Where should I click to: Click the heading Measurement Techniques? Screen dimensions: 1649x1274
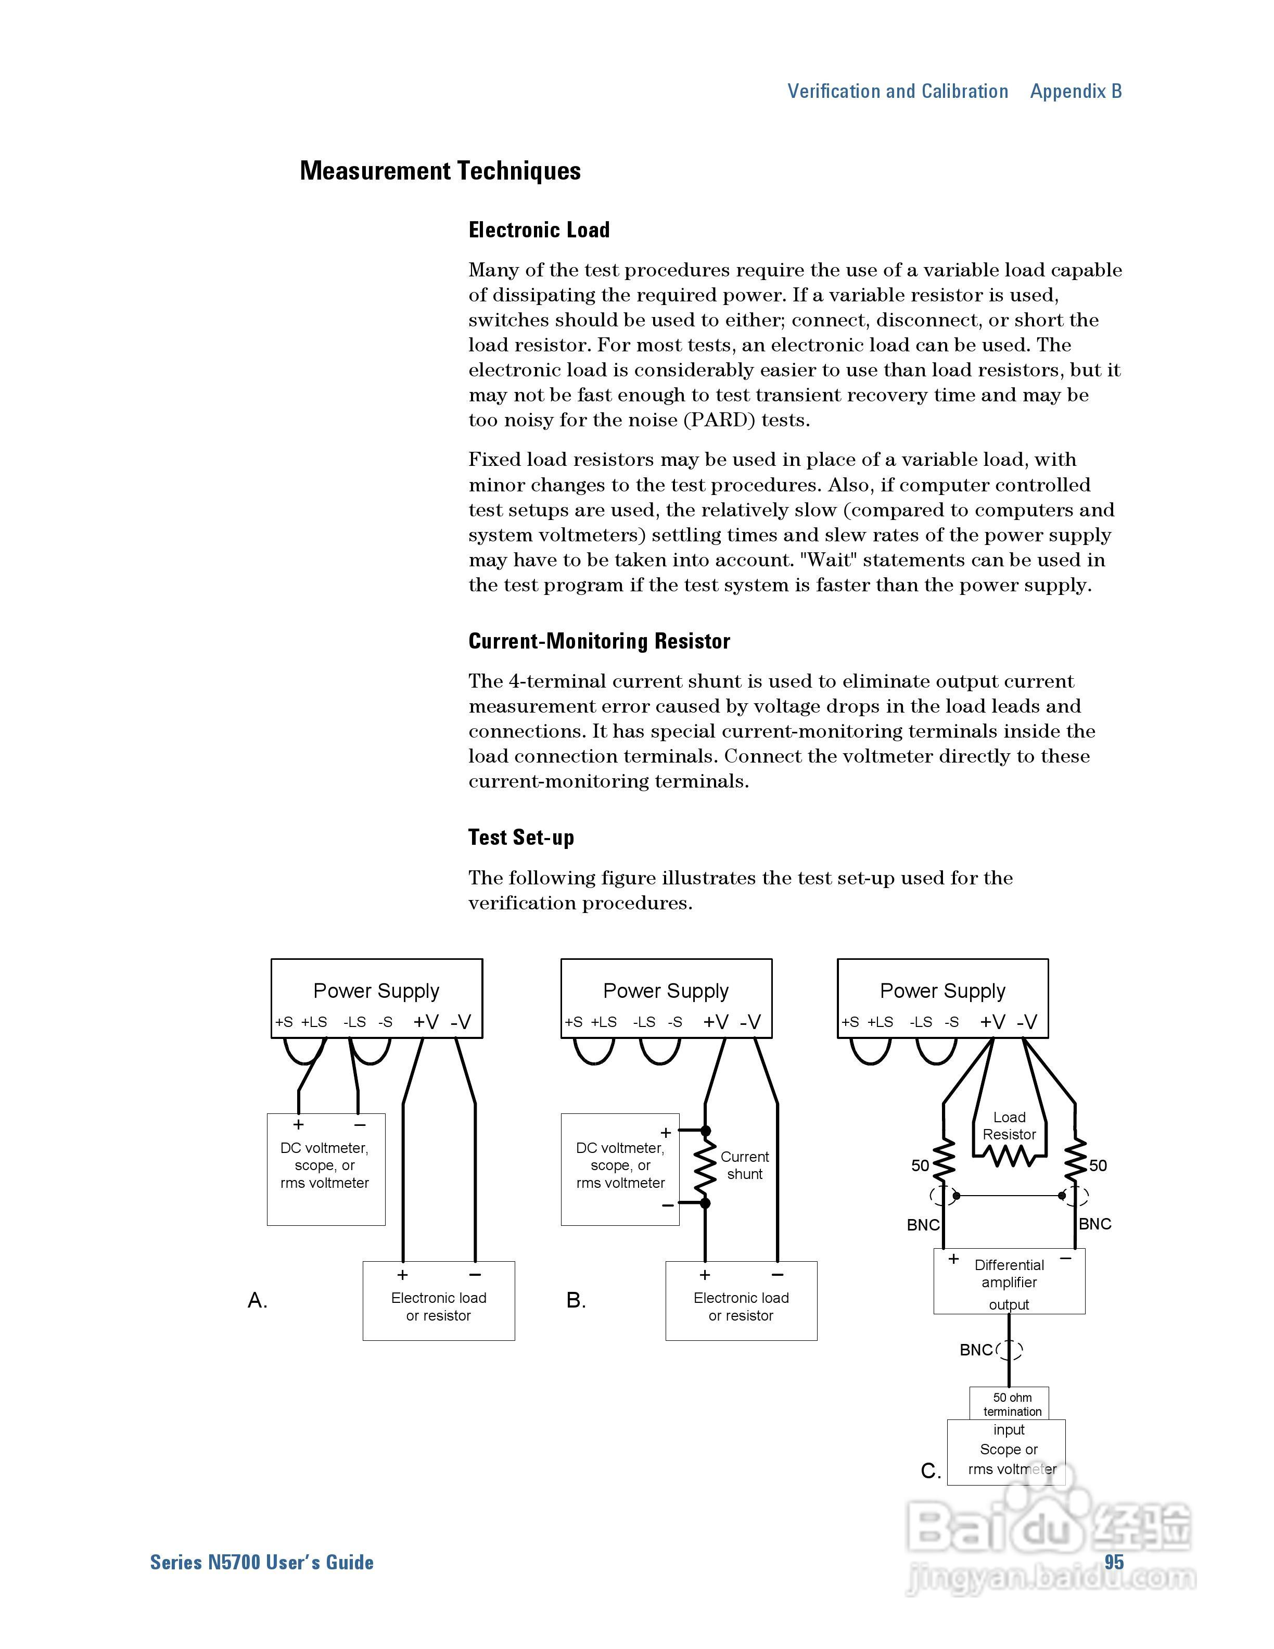(440, 171)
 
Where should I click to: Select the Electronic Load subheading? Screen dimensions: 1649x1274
(539, 230)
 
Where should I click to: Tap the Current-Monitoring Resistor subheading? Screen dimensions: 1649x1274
(599, 642)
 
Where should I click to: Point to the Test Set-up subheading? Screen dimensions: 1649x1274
(521, 838)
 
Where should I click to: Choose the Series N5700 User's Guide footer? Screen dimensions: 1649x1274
(262, 1562)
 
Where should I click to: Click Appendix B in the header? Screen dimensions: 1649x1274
(1076, 92)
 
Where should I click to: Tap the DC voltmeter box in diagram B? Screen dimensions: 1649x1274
(620, 1169)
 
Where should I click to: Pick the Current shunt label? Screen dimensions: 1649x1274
(744, 1165)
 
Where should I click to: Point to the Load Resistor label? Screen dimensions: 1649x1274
(1009, 1126)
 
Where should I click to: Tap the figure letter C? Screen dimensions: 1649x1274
(931, 1471)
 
